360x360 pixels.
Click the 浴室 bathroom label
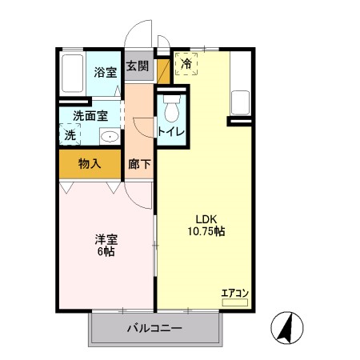click(106, 72)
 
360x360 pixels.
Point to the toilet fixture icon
click(169, 106)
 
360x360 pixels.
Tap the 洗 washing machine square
click(70, 135)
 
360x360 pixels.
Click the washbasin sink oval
click(109, 137)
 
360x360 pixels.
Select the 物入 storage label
click(90, 163)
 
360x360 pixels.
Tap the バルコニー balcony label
click(154, 328)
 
